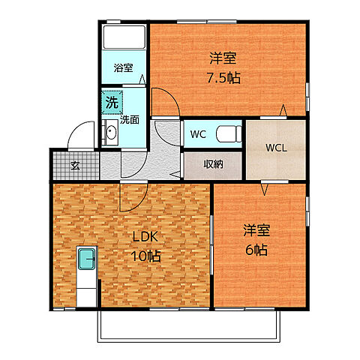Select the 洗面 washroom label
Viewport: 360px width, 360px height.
click(130, 118)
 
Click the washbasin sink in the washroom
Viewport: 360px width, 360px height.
click(111, 134)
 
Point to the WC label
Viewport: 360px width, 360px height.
click(198, 135)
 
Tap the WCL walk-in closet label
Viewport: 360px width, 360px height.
click(275, 148)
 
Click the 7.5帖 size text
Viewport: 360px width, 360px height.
click(223, 77)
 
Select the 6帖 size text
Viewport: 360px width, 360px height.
click(256, 250)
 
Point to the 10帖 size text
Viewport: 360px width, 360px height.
click(146, 256)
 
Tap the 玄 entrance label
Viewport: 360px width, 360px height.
click(75, 165)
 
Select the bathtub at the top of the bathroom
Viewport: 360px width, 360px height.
click(124, 37)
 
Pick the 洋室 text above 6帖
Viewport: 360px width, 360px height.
click(256, 231)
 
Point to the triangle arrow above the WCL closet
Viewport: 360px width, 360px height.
click(283, 112)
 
